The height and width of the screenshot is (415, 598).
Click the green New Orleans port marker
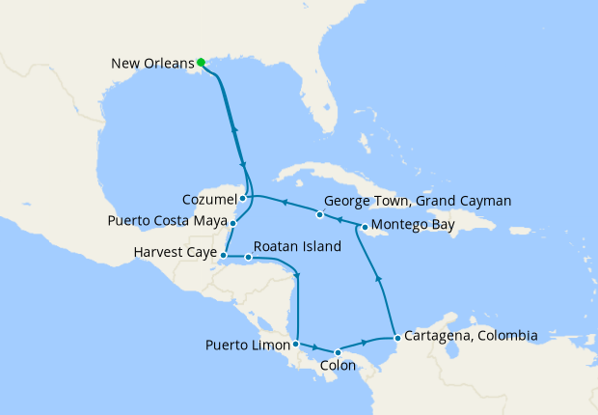point(201,63)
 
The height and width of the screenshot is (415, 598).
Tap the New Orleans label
point(152,65)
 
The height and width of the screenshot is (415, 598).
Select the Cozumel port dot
point(243,198)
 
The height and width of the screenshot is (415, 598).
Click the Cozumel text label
point(209,199)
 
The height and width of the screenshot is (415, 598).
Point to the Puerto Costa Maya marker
point(233,221)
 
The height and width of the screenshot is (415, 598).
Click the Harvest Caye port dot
point(223,255)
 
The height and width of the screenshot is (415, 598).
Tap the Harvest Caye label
point(177,255)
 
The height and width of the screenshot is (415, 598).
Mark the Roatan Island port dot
point(249,258)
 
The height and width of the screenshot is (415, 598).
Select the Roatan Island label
point(298,247)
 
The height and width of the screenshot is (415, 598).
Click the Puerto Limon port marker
point(295,345)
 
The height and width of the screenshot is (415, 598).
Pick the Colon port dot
point(338,352)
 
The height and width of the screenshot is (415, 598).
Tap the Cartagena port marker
point(397,338)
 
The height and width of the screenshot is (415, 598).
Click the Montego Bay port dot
point(364,227)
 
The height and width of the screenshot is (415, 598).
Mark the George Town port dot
point(319,213)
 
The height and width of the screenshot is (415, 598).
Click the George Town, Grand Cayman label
point(417,202)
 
